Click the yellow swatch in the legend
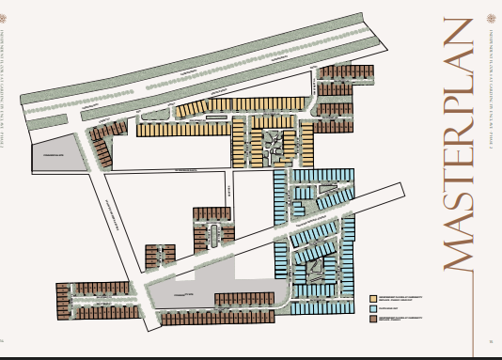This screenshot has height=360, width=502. [373, 296]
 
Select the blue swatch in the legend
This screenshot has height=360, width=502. [373, 307]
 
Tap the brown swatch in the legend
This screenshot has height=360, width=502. [373, 319]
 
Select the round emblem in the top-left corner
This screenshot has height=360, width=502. [10, 19]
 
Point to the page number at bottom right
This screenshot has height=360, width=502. [492, 340]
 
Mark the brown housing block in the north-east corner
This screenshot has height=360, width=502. [339, 85]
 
